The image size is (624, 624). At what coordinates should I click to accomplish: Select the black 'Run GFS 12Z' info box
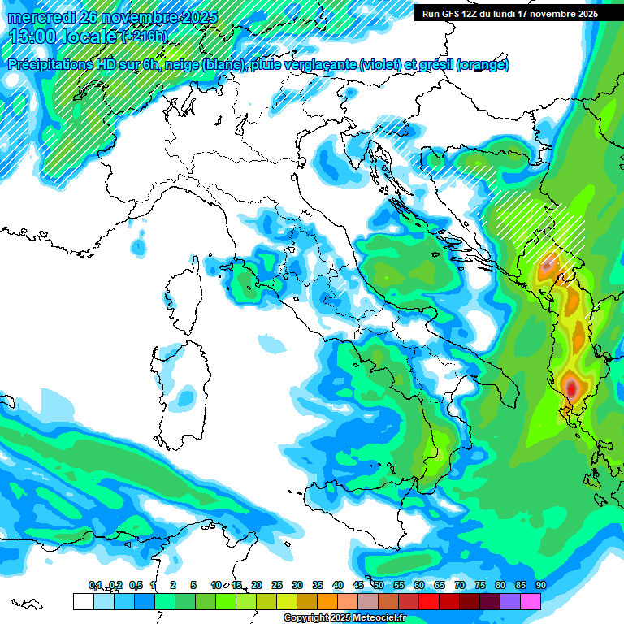[x=510, y=14]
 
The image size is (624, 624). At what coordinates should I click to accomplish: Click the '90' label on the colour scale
[x=540, y=585]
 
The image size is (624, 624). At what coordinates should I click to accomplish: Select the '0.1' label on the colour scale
[x=95, y=585]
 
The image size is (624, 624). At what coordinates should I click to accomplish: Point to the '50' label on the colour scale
[x=379, y=585]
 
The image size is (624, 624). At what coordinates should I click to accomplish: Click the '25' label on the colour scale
[x=277, y=585]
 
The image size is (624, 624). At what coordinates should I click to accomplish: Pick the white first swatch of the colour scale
[x=83, y=601]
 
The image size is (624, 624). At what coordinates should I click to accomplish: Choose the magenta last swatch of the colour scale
[x=531, y=601]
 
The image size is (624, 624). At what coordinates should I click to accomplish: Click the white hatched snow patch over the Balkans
[x=536, y=219]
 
